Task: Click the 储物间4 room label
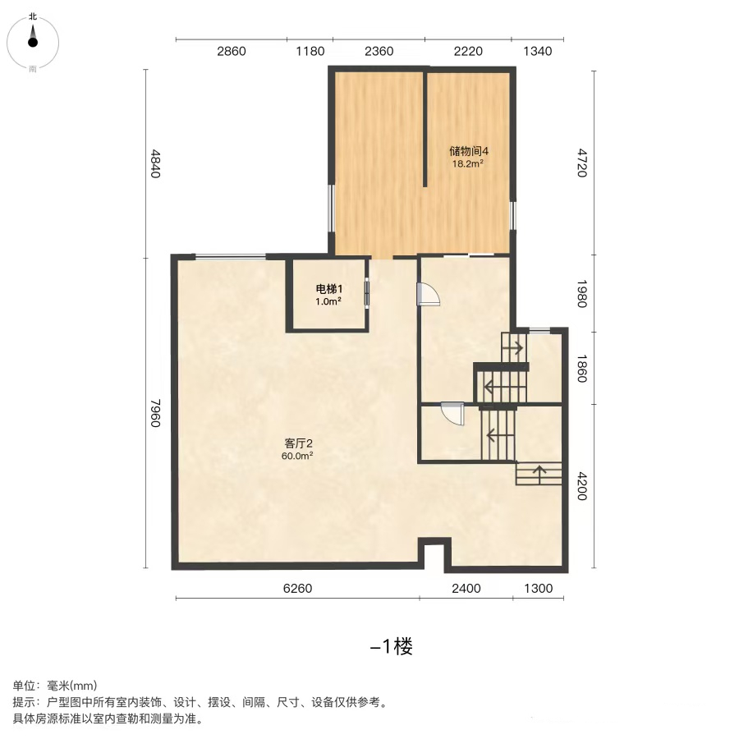(469, 151)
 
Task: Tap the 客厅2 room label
(298, 443)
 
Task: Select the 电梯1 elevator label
(329, 289)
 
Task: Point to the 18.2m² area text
(468, 164)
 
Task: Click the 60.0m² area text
(297, 456)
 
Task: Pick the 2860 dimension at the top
(232, 51)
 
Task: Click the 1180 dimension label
(310, 51)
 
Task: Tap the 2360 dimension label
(379, 51)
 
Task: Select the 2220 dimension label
(468, 51)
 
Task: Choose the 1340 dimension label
(538, 51)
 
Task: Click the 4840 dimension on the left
(156, 163)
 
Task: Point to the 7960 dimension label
(156, 413)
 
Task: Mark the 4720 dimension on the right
(582, 163)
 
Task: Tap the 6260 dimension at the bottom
(297, 588)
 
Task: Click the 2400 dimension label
(466, 588)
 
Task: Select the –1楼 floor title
(391, 646)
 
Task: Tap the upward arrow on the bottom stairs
(539, 474)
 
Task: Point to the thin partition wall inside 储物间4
(425, 128)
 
